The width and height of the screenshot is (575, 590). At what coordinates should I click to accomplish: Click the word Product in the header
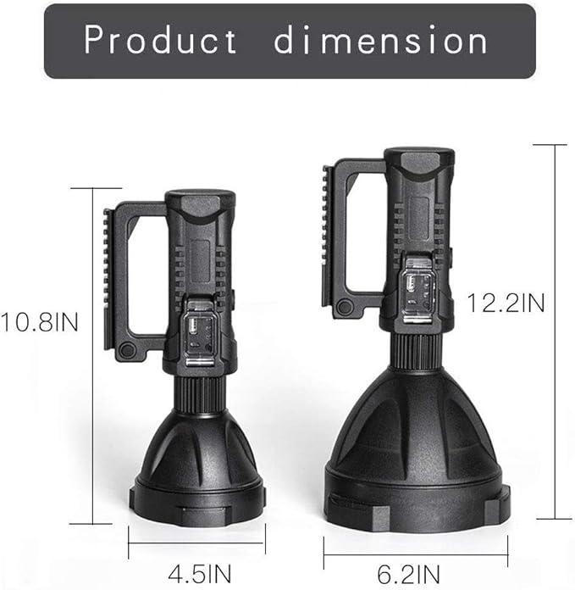coord(161,40)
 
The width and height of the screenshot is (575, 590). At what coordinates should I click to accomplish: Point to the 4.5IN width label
coord(196,566)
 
